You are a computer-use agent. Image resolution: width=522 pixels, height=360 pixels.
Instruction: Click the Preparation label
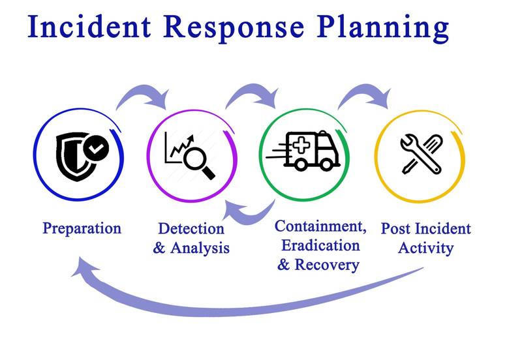[x=82, y=228]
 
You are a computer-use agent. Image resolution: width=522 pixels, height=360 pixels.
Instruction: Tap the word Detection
[x=191, y=229]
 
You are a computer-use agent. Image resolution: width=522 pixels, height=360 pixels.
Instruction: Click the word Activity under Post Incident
[x=425, y=248]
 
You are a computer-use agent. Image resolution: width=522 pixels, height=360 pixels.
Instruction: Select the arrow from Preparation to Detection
[x=142, y=95]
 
